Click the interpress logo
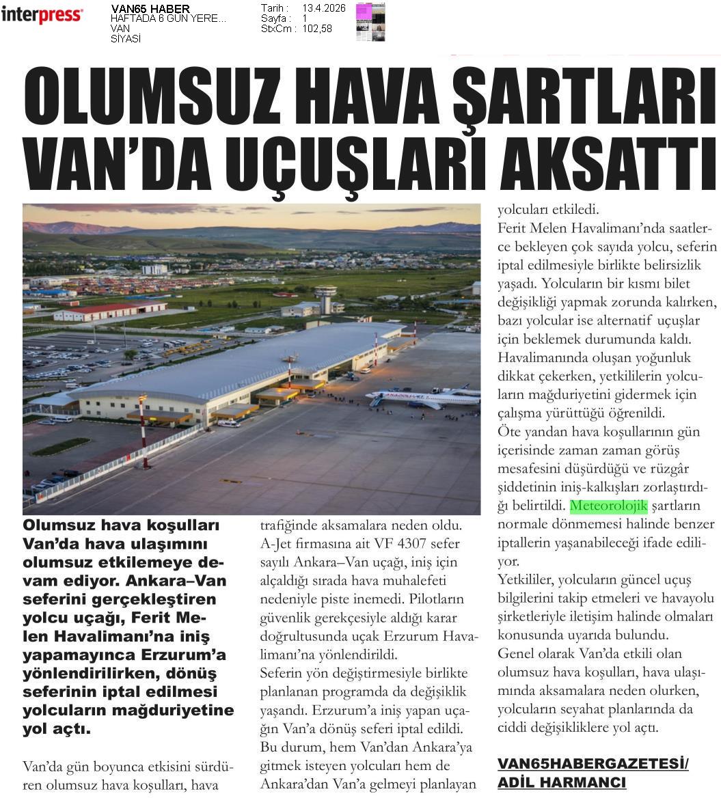tap(42, 14)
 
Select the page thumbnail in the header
tap(370, 22)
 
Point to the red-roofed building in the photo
tap(109, 311)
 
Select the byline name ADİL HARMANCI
tap(561, 782)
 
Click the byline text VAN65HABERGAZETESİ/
tap(593, 764)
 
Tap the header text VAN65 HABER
tap(150, 9)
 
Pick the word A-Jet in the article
tap(276, 544)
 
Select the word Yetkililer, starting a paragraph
tap(527, 581)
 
